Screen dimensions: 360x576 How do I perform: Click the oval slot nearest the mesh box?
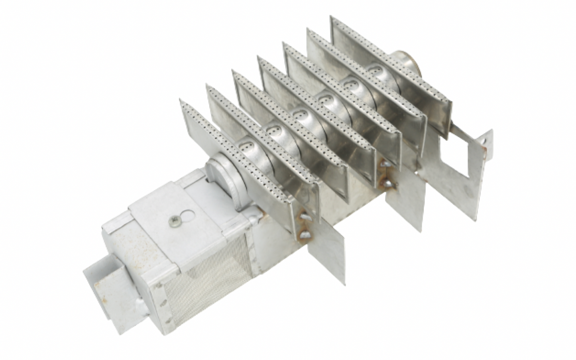tap(247, 148)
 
